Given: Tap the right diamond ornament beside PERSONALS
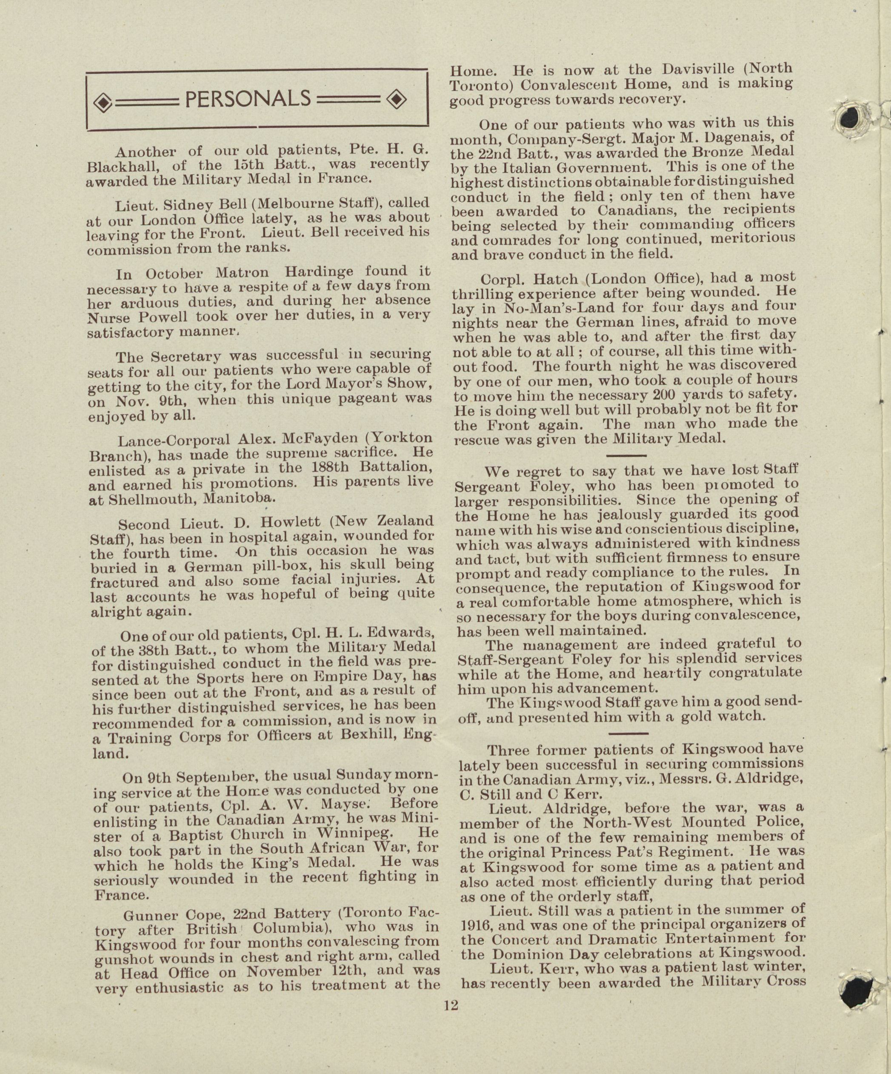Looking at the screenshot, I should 397,100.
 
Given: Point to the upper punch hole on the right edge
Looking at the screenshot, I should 848,119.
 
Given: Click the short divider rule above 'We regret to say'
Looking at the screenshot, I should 626,455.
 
